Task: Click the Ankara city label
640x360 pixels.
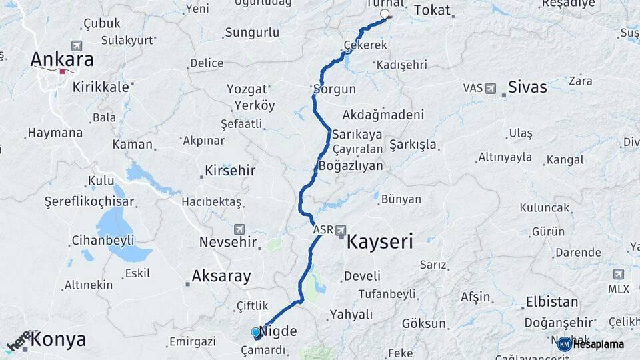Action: click(61, 59)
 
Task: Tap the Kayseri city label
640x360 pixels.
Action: click(379, 241)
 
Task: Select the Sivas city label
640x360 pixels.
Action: click(527, 87)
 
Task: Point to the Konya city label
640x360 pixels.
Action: click(58, 339)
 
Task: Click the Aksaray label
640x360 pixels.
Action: click(221, 276)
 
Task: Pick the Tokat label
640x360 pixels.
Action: click(432, 11)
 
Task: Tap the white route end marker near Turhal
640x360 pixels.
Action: click(384, 14)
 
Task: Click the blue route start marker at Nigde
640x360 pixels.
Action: click(256, 332)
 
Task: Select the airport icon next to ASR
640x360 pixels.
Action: click(341, 230)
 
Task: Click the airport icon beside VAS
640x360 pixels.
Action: click(491, 88)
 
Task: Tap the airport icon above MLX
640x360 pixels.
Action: click(618, 274)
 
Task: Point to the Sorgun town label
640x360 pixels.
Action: click(335, 89)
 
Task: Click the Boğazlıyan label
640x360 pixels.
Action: click(351, 166)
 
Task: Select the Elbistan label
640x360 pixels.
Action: click(551, 301)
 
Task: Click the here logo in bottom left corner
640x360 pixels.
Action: click(18, 341)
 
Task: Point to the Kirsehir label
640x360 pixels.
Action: click(230, 171)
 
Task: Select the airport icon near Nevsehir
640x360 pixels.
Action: click(239, 229)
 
